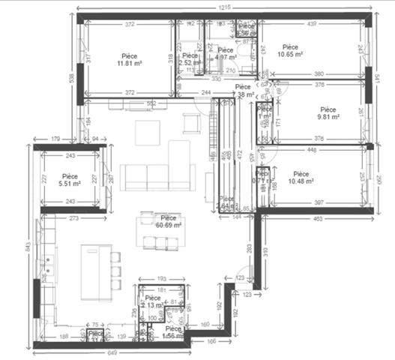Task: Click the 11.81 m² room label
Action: coord(130,59)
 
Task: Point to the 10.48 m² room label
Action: coord(301,177)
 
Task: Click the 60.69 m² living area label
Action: coord(166,220)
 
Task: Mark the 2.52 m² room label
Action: coord(190,59)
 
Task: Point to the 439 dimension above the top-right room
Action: coord(310,24)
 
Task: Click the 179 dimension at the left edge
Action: coord(55,139)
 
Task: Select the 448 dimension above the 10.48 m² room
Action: coord(311,148)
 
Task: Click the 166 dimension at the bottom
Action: coord(212,341)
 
